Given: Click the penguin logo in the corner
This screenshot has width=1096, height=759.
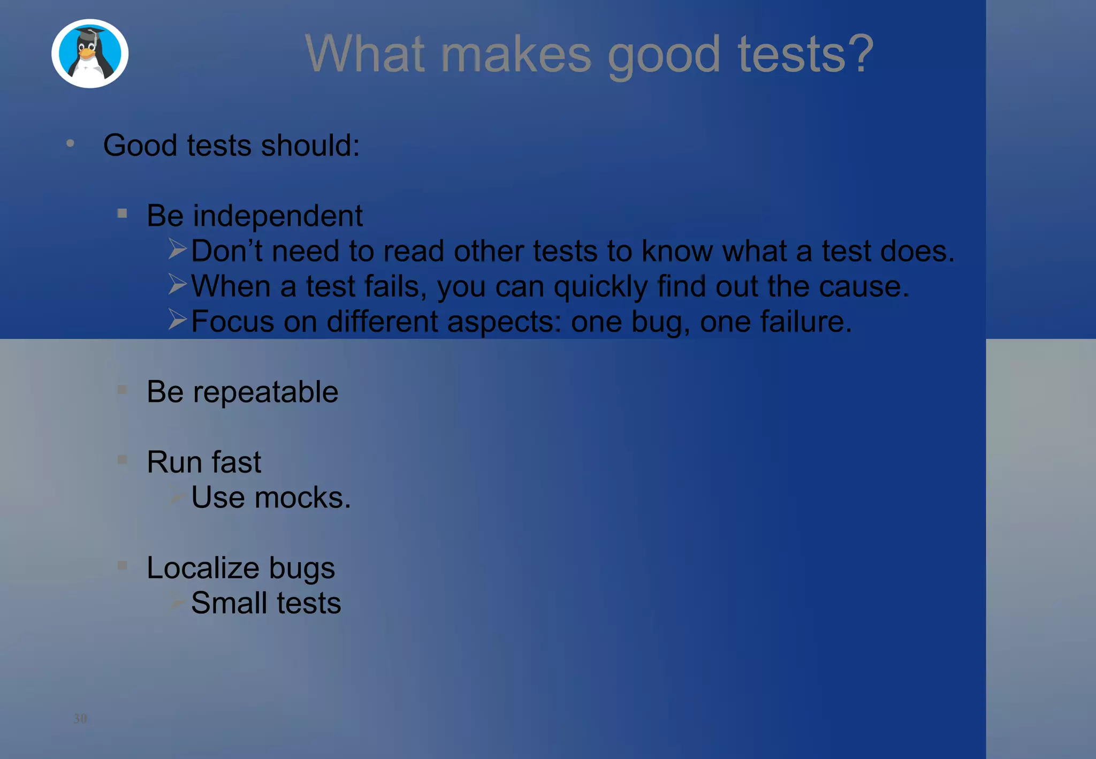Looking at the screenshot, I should [x=90, y=54].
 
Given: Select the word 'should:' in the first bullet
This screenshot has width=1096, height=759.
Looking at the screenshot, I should [x=310, y=145].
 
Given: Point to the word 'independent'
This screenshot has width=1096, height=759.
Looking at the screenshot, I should [x=278, y=216].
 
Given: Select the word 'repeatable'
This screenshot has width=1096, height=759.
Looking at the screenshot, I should [x=265, y=392].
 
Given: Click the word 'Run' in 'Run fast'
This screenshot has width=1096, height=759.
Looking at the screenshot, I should [x=174, y=462].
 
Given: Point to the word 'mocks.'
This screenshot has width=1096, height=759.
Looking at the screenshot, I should [x=302, y=498].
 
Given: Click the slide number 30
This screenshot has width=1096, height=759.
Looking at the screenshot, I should [x=80, y=718].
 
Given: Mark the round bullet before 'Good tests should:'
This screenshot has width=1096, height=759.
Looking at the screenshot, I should [x=70, y=143].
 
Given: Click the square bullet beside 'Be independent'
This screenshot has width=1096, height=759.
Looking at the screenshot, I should [x=123, y=214].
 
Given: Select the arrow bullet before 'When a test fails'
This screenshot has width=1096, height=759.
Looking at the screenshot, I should [x=177, y=284].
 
